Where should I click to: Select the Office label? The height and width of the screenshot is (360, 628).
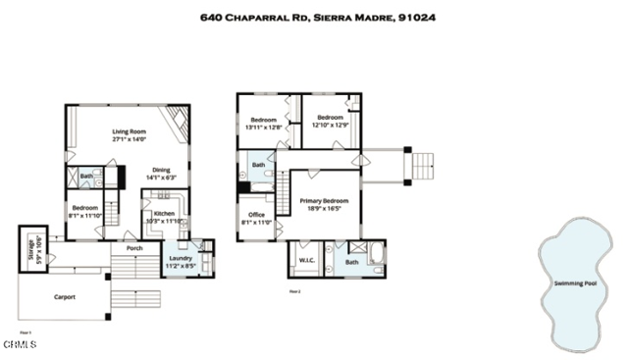(x=256, y=218)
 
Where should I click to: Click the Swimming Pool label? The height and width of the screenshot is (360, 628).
(x=574, y=283)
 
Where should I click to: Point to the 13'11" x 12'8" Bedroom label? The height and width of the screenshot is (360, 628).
(x=263, y=123)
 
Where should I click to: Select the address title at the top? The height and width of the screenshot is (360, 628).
(x=317, y=17)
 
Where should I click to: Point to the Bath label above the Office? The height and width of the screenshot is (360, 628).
(x=258, y=165)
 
